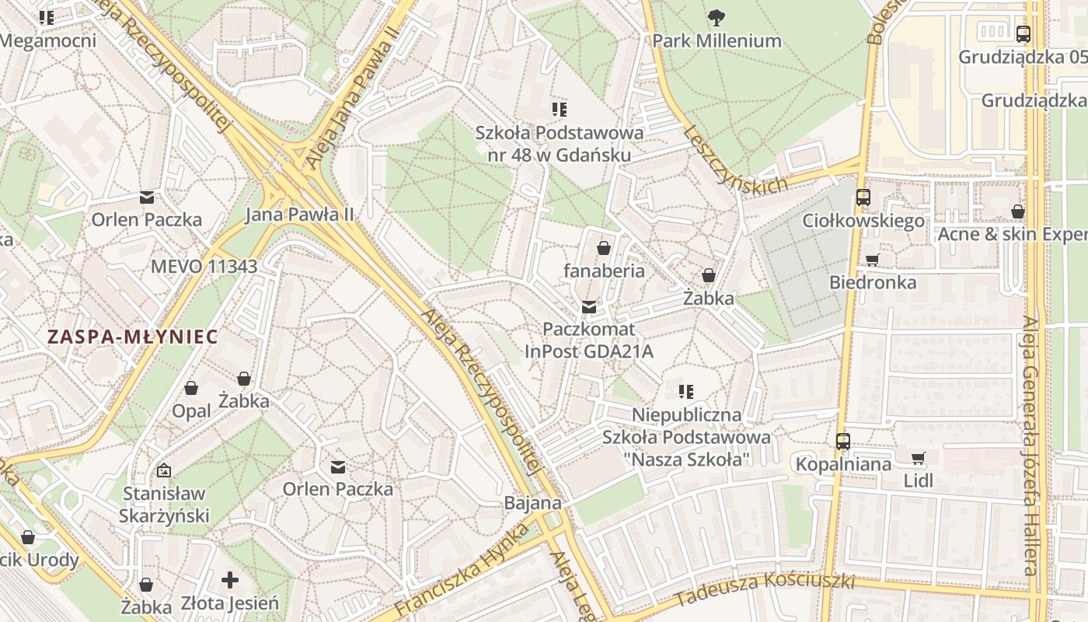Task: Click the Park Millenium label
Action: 717,40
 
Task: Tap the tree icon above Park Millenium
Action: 716,16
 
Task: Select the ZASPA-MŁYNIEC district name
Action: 133,337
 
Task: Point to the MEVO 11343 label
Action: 204,266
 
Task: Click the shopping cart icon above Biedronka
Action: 873,260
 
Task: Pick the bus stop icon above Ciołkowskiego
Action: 863,197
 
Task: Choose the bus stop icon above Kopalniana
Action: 843,442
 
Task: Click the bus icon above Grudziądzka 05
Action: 1023,34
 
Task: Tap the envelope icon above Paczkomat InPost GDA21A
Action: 589,307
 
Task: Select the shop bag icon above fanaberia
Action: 604,248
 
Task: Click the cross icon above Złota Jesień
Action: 229,580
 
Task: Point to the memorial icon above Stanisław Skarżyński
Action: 164,470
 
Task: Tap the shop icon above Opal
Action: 191,388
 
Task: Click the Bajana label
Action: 532,503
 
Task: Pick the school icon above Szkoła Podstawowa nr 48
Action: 560,109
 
